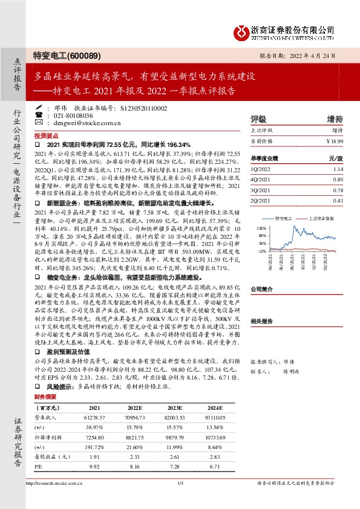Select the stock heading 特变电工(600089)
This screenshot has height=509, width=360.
click(66, 55)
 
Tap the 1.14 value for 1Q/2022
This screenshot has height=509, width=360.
click(338, 169)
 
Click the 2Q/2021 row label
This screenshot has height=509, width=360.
click(262, 200)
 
